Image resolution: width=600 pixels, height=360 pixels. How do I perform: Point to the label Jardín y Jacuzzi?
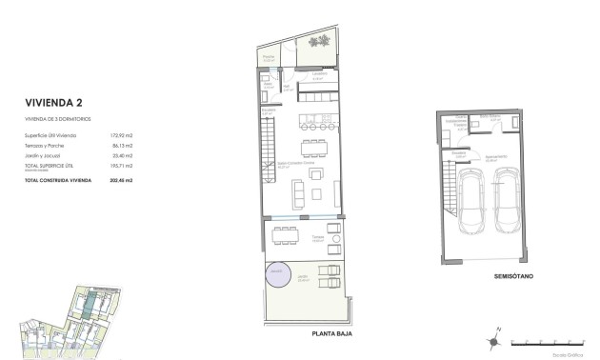[46, 155]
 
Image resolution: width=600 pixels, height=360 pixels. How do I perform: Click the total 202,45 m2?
[120, 179]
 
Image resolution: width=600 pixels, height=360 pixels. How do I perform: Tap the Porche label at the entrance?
[269, 57]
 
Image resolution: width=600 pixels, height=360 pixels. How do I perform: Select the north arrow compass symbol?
[494, 336]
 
